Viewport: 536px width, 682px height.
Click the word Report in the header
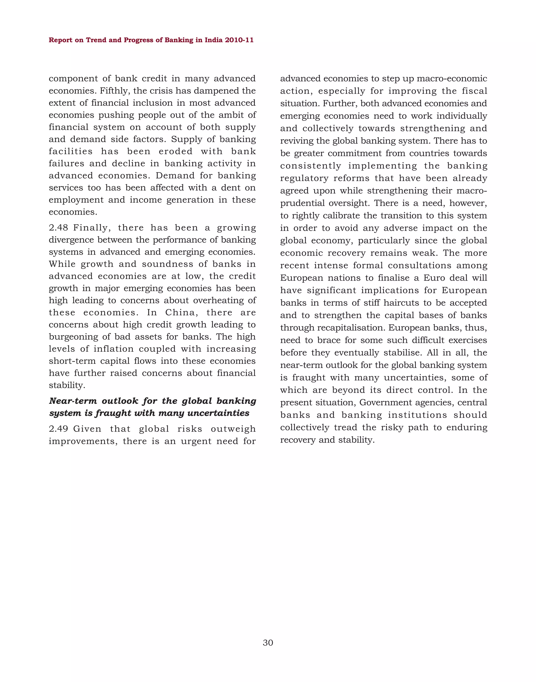click(60, 40)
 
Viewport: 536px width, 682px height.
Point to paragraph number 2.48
click(58, 227)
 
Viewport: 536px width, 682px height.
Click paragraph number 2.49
click(58, 429)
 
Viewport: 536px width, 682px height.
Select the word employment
click(76, 200)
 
